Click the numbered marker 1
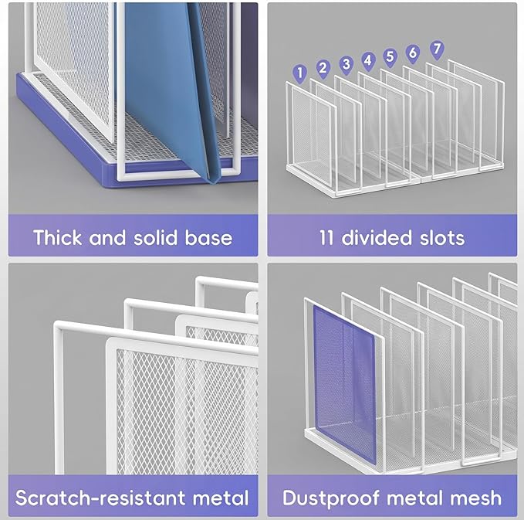point(300,73)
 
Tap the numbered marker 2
point(323,69)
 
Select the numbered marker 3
point(347,64)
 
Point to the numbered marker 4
point(368,60)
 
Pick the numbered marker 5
point(390,56)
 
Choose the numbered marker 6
point(413,53)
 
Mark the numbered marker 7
point(437,49)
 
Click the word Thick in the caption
point(57,237)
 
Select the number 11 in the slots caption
point(326,237)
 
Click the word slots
point(442,237)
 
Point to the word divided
point(377,237)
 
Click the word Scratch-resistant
point(100,498)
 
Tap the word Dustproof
point(331,498)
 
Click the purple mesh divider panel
point(344,384)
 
